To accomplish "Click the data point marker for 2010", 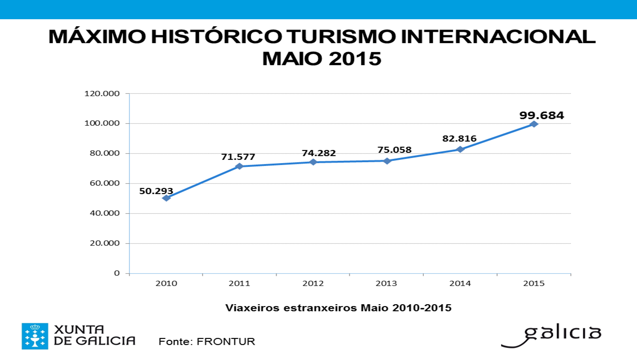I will pyautogui.click(x=166, y=198).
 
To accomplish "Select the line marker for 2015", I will pyautogui.click(x=534, y=124).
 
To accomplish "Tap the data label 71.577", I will pyautogui.click(x=238, y=157).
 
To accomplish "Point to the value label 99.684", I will pyautogui.click(x=541, y=115).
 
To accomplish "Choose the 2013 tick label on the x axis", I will pyautogui.click(x=386, y=284).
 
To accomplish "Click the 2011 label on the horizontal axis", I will pyautogui.click(x=239, y=284).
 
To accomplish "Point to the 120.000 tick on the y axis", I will pyautogui.click(x=102, y=94).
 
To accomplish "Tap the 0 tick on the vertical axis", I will pyautogui.click(x=116, y=273).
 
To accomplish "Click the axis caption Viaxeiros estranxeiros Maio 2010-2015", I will pyautogui.click(x=338, y=308).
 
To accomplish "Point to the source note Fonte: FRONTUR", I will pyautogui.click(x=207, y=341).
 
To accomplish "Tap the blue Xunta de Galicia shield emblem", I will pyautogui.click(x=35, y=336).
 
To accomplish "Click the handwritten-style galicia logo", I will pyautogui.click(x=551, y=335).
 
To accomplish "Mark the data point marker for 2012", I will pyautogui.click(x=313, y=162).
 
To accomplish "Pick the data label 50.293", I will pyautogui.click(x=156, y=191).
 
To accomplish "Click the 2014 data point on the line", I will pyautogui.click(x=460, y=150).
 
